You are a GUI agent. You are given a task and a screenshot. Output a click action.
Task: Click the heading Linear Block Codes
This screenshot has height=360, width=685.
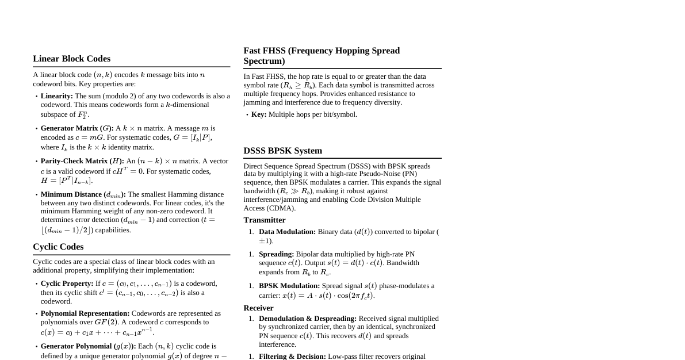[x=71, y=59]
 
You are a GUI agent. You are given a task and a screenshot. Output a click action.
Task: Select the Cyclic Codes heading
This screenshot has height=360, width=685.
[x=58, y=247]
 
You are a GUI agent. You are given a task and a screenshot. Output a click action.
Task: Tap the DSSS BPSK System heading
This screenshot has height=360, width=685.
[x=282, y=151]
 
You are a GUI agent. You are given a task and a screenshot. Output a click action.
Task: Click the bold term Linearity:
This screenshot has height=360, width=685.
[x=57, y=96]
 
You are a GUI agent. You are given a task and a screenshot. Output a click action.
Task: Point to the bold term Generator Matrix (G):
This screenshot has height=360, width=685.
[x=77, y=128]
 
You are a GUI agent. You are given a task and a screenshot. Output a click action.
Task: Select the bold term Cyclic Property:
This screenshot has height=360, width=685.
[x=67, y=284]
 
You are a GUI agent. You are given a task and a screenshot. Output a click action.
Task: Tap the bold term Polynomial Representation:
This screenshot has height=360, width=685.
[x=85, y=313]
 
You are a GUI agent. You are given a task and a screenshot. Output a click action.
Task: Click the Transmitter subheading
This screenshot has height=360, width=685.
[x=265, y=220]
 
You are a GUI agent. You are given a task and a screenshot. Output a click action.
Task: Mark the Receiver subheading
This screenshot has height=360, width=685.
[x=258, y=308]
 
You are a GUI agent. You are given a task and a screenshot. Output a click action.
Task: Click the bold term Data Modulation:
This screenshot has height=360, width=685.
[x=287, y=232]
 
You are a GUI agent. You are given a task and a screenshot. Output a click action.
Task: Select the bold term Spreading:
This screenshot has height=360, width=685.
[x=276, y=254]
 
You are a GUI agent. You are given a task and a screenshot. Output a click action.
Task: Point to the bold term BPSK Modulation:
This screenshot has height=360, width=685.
[x=289, y=286]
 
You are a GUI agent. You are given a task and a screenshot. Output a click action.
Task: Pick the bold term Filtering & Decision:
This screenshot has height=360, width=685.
[x=292, y=357]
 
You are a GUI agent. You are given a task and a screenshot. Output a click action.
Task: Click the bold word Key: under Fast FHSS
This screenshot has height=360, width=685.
[x=259, y=114]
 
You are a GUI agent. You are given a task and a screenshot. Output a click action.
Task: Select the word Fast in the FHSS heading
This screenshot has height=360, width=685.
[x=254, y=51]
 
